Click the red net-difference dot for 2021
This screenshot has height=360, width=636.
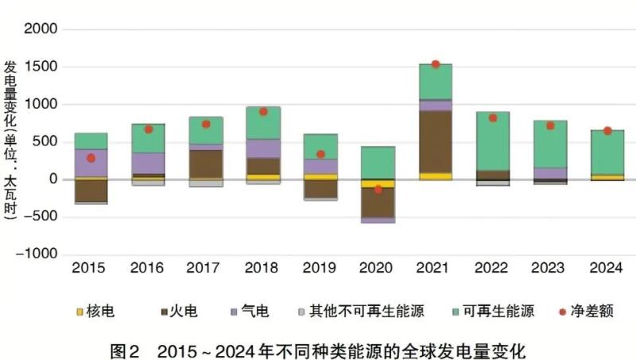[435, 64]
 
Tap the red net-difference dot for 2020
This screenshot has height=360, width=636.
[378, 189]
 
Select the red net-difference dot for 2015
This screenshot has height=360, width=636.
[91, 158]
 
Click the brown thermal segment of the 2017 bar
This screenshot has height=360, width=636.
[206, 164]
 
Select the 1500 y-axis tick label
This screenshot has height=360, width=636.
[40, 67]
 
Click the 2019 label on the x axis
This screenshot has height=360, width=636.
[320, 269]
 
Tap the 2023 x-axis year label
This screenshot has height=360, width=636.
[550, 269]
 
